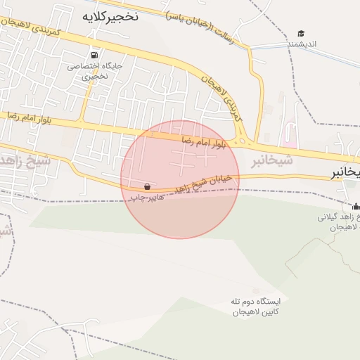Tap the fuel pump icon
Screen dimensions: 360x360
94,55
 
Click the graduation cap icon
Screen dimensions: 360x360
302,33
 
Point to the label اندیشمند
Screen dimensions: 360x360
302,44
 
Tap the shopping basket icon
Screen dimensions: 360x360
147,187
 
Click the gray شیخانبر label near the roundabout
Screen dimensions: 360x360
271,162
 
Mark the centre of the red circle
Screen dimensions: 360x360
180,179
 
